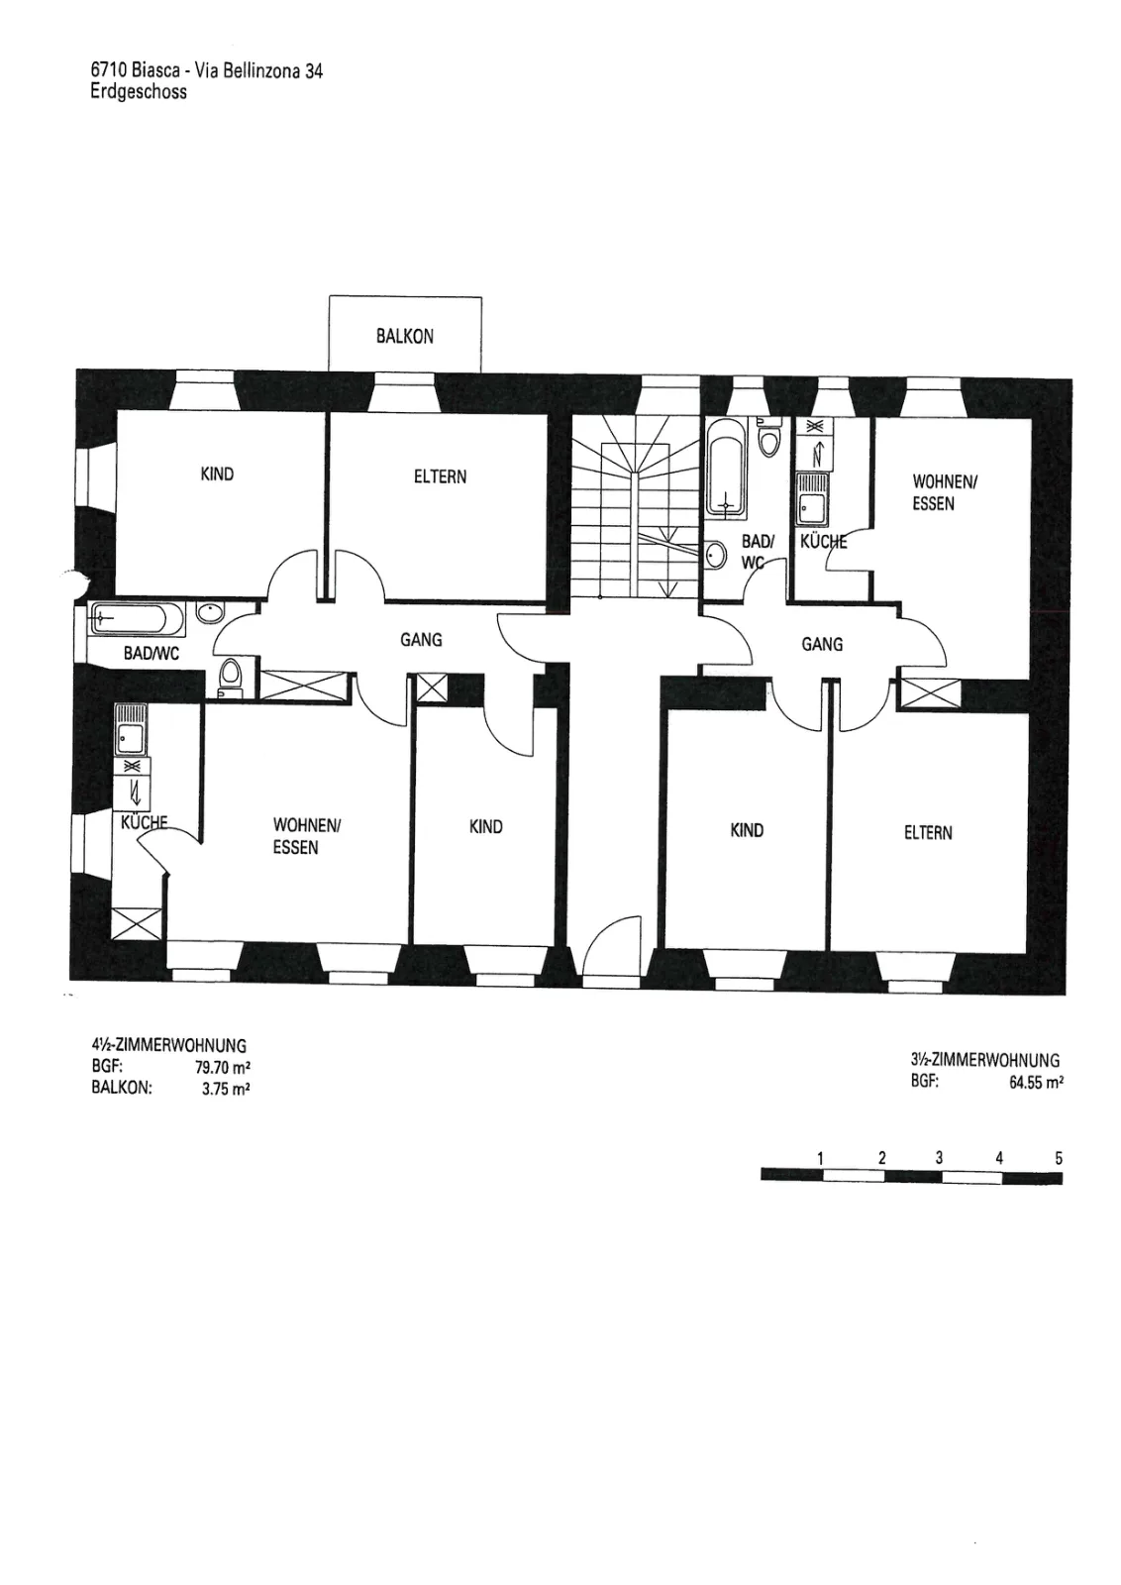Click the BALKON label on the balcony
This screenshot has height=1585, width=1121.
coord(405,336)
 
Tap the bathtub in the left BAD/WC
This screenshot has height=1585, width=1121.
coord(138,619)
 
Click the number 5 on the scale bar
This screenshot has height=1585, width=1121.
coord(1058,1158)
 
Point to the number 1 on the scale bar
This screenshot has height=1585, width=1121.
coord(820,1158)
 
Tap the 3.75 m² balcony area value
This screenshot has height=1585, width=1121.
coord(227,1089)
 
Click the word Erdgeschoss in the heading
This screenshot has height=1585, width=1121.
coord(140,92)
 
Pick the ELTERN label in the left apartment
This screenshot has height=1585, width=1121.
coord(440,476)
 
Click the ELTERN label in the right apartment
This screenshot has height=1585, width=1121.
coord(928,833)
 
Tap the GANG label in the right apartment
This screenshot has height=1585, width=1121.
coord(822,645)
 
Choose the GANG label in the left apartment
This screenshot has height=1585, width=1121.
coord(421,640)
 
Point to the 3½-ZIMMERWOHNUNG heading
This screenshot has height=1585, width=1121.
coord(985,1060)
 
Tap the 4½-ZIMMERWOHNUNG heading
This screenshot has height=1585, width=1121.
coord(168,1045)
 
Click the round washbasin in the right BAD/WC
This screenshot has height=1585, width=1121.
coord(716,555)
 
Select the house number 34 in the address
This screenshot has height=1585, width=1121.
coord(313,71)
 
